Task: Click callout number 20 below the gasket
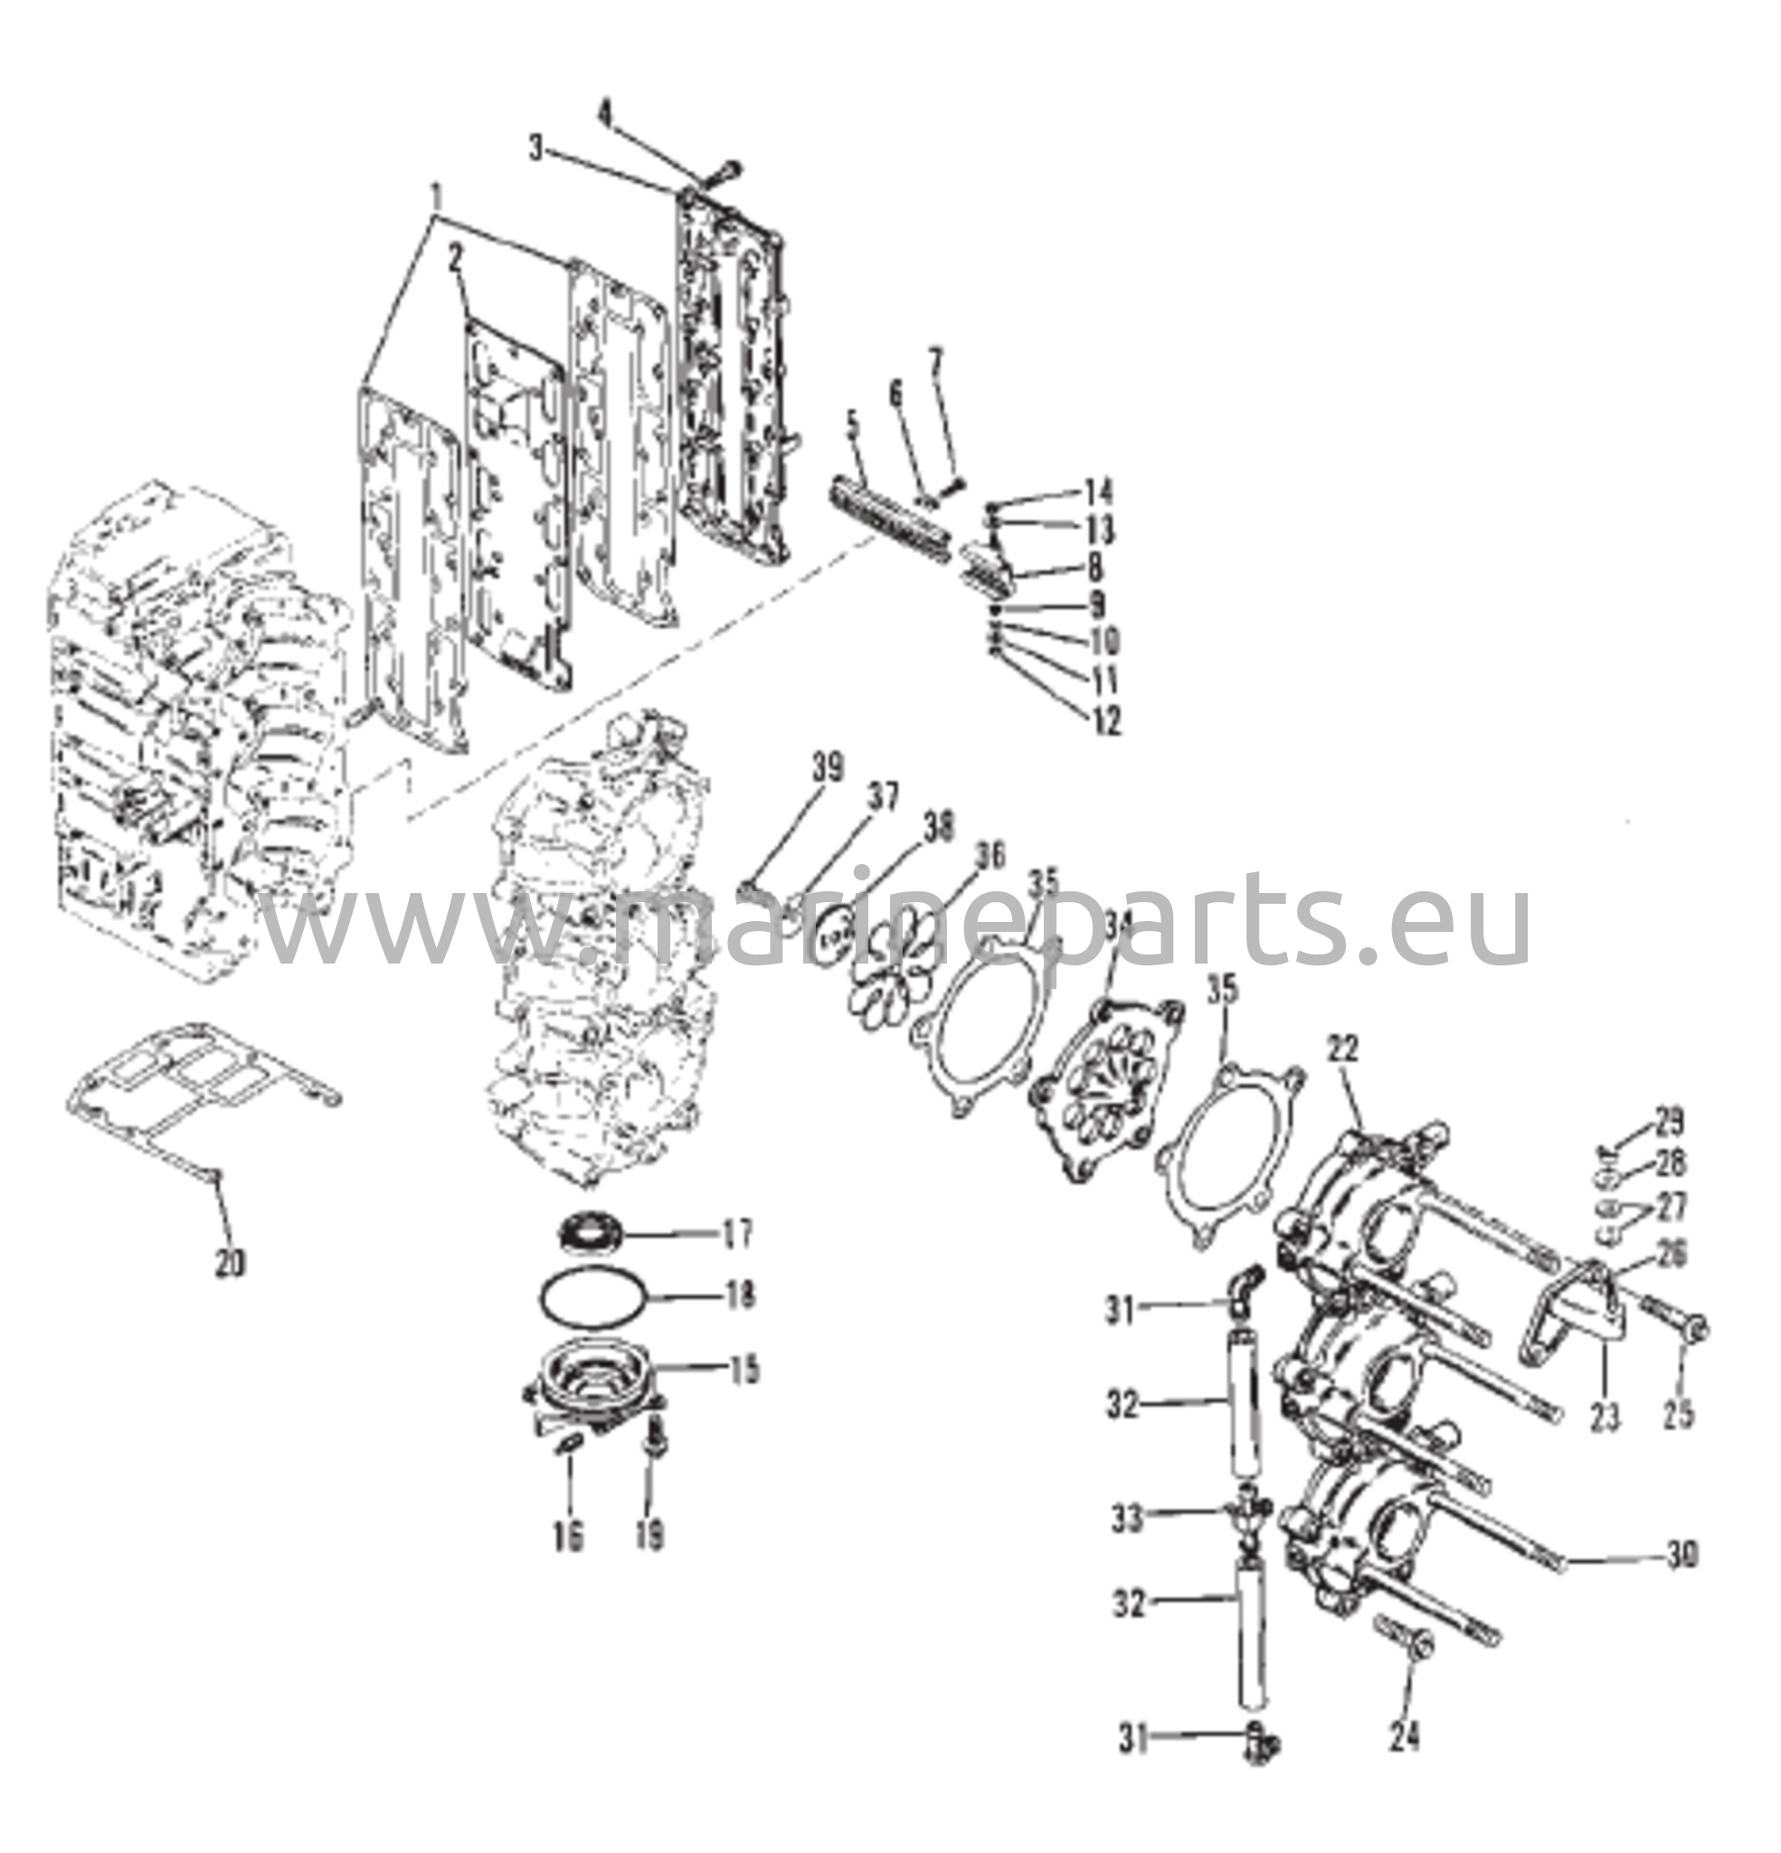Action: (x=230, y=1262)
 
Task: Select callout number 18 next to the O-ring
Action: (x=739, y=1294)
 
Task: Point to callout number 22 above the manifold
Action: (x=1342, y=1049)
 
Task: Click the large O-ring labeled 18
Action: (x=593, y=1298)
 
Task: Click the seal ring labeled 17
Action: (x=587, y=1232)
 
